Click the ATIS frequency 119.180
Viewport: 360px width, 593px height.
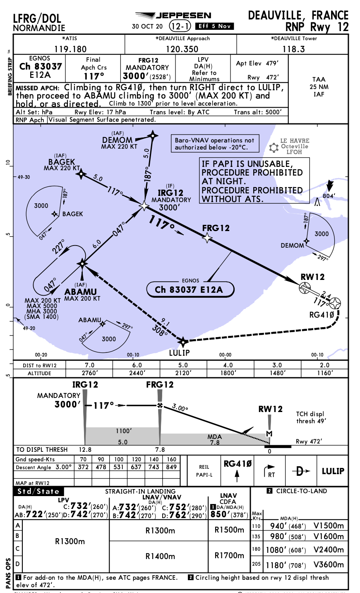point(70,49)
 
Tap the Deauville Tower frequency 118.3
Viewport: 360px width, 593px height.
point(293,49)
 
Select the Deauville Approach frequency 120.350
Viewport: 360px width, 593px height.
point(182,49)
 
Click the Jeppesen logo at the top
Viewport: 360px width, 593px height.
point(173,16)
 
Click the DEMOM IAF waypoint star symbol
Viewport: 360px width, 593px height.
point(154,135)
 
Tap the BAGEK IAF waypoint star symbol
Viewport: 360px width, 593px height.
point(81,174)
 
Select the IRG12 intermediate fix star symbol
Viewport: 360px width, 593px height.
point(144,205)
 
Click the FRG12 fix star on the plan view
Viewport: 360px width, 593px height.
point(207,237)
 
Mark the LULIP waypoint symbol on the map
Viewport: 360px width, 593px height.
point(183,342)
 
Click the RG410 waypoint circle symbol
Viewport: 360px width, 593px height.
point(335,304)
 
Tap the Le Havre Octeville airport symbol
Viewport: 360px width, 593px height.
point(274,147)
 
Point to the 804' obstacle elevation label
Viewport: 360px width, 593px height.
point(329,196)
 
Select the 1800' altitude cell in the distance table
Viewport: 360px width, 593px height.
point(228,373)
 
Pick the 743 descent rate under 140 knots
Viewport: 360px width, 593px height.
point(154,467)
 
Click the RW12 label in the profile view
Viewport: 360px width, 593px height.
point(271,409)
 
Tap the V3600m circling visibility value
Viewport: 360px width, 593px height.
point(329,564)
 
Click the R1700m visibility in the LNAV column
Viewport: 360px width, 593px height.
point(229,555)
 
